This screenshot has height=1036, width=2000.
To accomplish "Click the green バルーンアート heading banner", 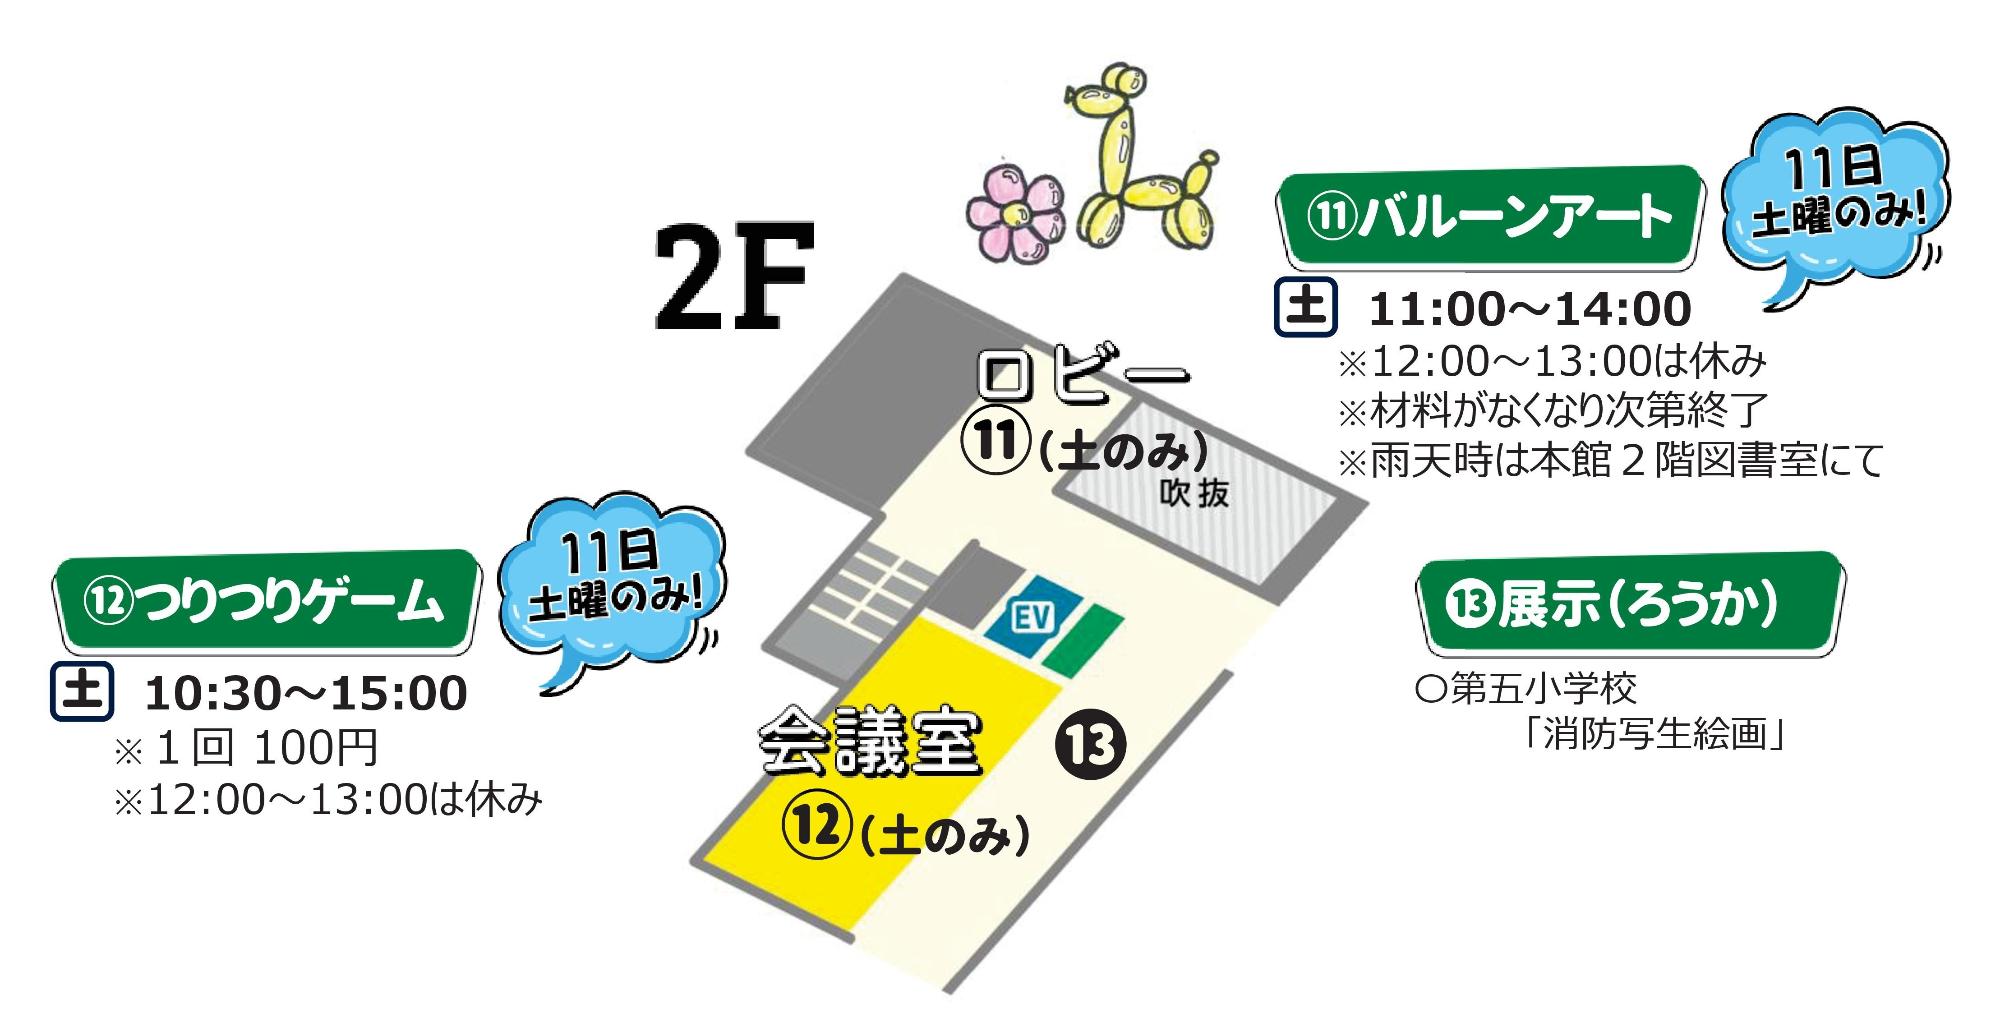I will coord(1490,217).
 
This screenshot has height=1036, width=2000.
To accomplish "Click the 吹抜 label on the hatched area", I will coord(1195,493).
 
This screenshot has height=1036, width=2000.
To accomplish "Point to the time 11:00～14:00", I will coord(1529,310).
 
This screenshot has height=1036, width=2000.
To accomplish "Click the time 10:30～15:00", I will coord(306,694).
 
